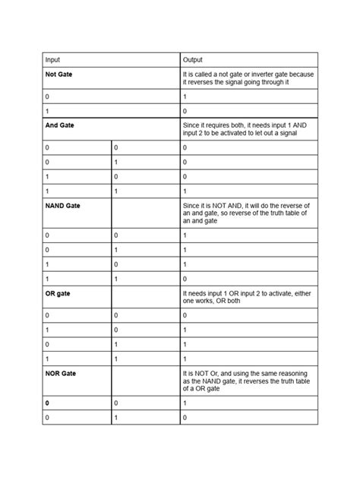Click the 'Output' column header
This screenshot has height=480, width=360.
(192, 59)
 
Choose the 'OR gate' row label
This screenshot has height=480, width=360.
(58, 294)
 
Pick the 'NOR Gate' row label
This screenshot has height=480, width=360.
(61, 374)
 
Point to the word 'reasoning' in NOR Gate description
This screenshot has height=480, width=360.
(294, 374)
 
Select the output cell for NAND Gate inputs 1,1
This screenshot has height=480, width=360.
(185, 279)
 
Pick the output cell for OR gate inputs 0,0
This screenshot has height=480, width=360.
(185, 314)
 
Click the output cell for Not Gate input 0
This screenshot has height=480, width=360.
(185, 97)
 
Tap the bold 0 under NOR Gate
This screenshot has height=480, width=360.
(47, 403)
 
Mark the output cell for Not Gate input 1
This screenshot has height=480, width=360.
(185, 111)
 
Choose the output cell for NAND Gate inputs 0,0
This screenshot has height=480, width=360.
(185, 235)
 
